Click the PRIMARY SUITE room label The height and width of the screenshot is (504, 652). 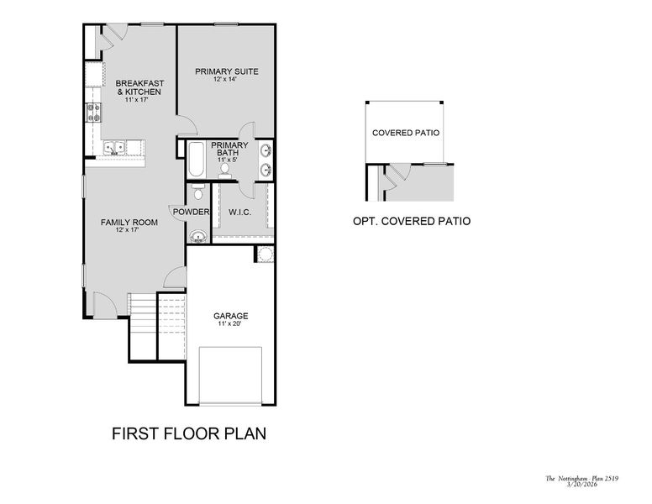click(227, 71)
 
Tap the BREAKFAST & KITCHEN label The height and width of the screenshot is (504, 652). click(139, 87)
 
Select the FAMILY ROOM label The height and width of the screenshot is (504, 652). click(129, 223)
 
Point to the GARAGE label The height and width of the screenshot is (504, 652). click(231, 316)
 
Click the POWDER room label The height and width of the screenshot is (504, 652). click(191, 212)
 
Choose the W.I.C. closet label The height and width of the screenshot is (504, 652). click(240, 213)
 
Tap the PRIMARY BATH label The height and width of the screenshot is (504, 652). click(229, 149)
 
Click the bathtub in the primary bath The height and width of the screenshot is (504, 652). click(196, 159)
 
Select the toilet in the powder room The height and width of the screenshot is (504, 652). click(198, 192)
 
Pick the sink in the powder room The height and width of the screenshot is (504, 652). click(198, 237)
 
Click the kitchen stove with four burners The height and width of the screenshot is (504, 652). click(93, 113)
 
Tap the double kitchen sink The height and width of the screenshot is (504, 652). click(114, 148)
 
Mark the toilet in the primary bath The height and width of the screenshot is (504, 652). click(225, 171)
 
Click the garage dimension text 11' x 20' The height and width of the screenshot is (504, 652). click(229, 323)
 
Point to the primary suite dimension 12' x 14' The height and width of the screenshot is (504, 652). click(225, 79)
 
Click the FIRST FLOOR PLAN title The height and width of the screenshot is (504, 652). click(189, 433)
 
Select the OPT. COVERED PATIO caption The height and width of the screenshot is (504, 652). click(412, 221)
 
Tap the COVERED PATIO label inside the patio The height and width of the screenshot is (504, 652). click(406, 133)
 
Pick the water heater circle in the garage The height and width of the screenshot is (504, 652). click(266, 254)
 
